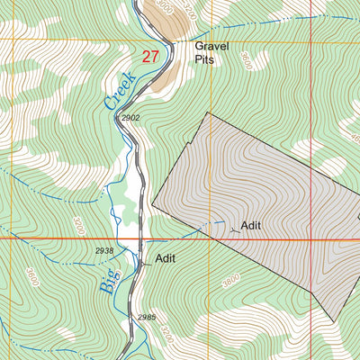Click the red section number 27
tap(150, 56)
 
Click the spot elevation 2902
tap(130, 118)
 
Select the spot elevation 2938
tap(104, 251)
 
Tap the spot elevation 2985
tap(147, 317)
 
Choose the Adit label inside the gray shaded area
tap(250, 225)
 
